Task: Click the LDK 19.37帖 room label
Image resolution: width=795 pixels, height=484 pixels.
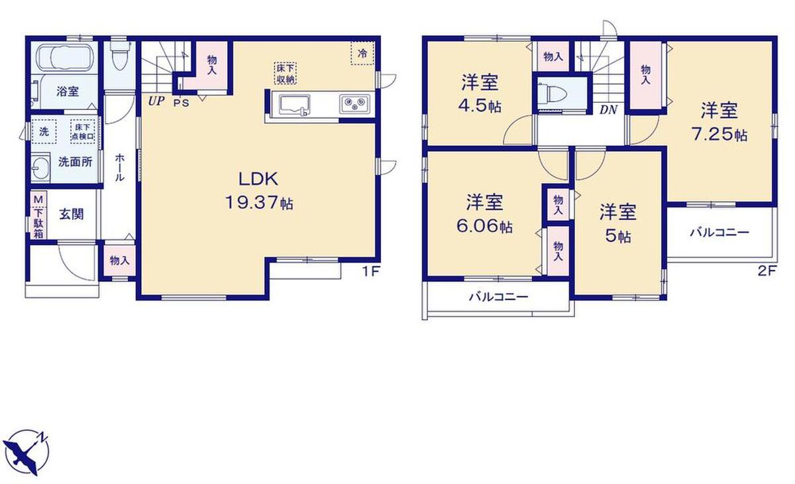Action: coord(259,192)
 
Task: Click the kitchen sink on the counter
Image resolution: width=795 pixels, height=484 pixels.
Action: coord(295,105)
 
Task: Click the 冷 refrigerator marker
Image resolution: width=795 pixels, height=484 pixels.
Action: coord(362,54)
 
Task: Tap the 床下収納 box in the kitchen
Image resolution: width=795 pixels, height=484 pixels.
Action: coord(285,73)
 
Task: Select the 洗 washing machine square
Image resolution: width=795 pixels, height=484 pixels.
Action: coord(44,132)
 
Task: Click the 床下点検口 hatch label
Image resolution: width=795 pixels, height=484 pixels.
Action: coord(83,132)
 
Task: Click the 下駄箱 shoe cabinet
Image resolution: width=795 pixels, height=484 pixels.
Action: coord(38,215)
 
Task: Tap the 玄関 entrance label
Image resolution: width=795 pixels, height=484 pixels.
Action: coord(72,214)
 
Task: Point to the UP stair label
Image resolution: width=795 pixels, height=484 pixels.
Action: coord(156,101)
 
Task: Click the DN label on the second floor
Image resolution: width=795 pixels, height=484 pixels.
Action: coord(609,109)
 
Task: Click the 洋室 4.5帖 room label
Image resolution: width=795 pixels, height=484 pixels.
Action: coord(480,93)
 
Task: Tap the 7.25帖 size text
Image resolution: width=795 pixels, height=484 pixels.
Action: coord(719,135)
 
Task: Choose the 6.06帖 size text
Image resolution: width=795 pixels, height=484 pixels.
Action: coord(484,226)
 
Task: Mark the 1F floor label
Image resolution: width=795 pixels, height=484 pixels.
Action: coord(371,272)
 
